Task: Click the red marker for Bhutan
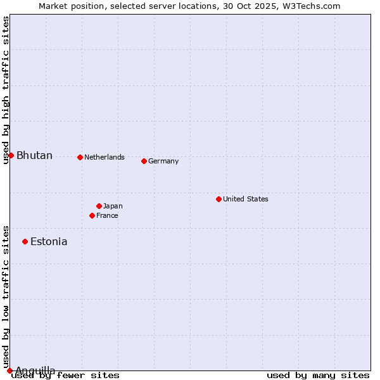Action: click(11, 155)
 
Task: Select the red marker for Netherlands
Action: click(80, 157)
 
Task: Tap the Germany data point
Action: click(144, 161)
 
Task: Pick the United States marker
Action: click(218, 199)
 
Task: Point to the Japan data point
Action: click(99, 206)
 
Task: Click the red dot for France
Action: click(92, 215)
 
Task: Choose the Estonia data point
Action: click(25, 241)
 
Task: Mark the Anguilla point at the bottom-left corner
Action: click(9, 370)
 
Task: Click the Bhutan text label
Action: click(34, 156)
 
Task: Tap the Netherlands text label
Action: click(104, 157)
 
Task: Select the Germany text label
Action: click(163, 161)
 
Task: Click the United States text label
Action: click(246, 199)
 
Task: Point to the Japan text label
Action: click(113, 206)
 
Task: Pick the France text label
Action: click(107, 215)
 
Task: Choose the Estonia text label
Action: click(49, 242)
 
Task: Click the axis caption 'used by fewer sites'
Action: click(65, 376)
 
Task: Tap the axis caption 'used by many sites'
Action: click(318, 376)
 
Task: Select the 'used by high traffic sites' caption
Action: click(6, 90)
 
